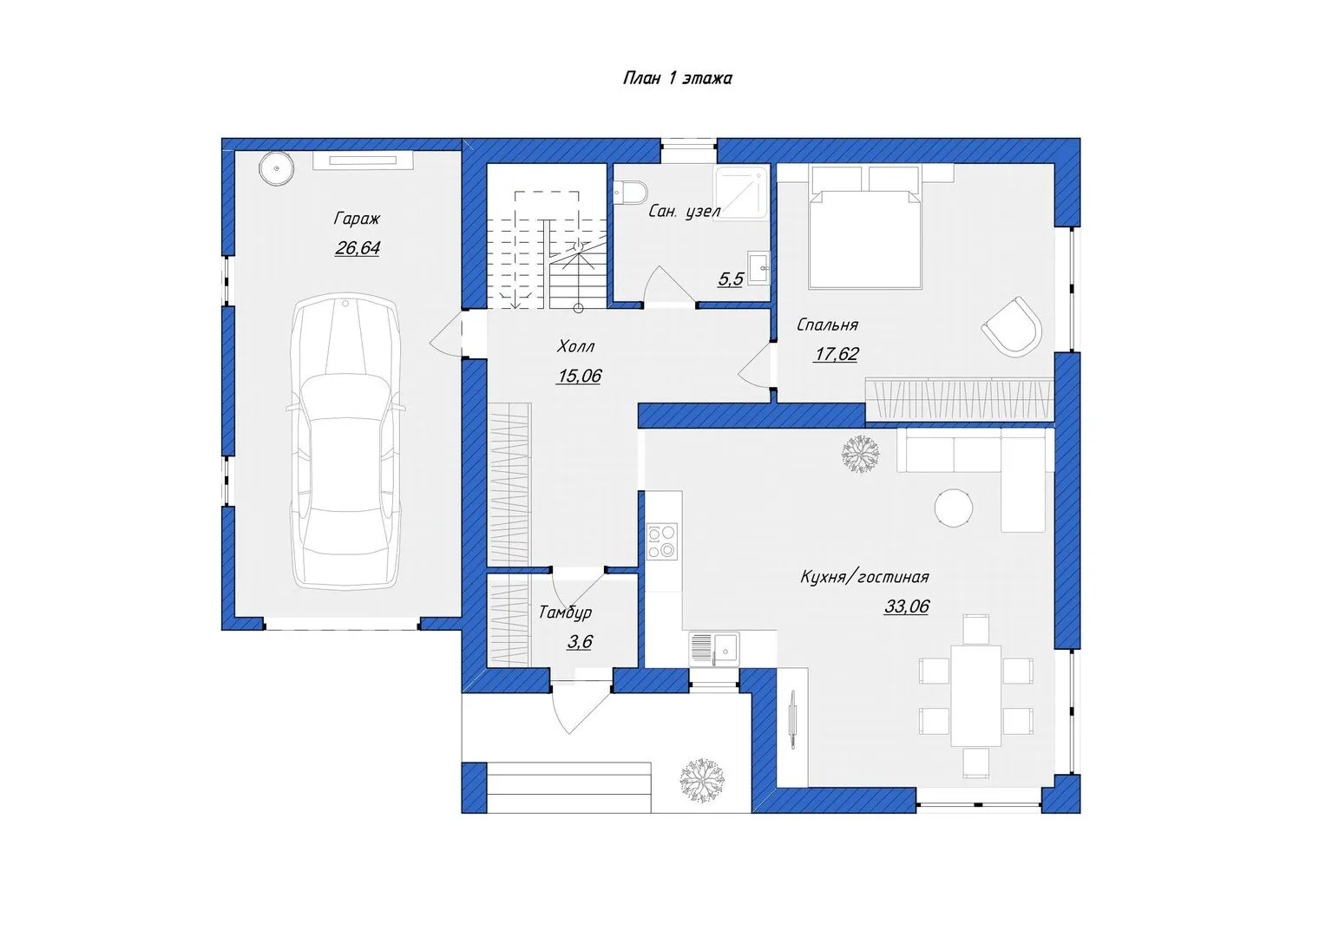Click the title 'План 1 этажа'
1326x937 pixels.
click(x=678, y=78)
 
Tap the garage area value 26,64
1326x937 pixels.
click(x=357, y=247)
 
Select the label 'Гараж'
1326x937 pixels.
click(x=357, y=219)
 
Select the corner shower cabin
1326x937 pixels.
click(x=741, y=193)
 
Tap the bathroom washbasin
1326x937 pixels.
click(x=758, y=268)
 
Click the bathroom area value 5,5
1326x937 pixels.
click(x=731, y=279)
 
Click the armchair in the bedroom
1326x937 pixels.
click(x=1012, y=327)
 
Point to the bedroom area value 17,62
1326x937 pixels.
click(x=836, y=354)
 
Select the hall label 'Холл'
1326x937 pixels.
click(x=575, y=346)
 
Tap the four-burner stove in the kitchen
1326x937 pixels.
click(x=662, y=541)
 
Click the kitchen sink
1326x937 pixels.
click(x=715, y=649)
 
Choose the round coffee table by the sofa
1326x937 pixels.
click(x=953, y=508)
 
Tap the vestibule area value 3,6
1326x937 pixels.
click(x=580, y=642)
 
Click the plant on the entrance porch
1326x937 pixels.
click(x=702, y=779)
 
